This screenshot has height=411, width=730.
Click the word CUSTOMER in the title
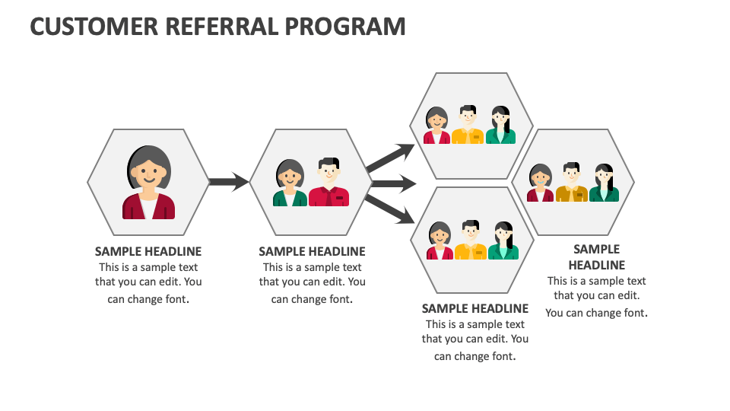point(94,27)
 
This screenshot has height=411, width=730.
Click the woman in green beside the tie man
point(290,183)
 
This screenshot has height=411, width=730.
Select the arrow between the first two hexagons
point(228,182)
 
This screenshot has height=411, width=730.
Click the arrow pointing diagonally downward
point(390,209)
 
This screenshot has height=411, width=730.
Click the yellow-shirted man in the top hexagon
point(468,125)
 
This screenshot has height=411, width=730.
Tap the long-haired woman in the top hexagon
point(500,125)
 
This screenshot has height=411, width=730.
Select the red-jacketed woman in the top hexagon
point(436,126)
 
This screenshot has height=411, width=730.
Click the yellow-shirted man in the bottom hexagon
point(471,241)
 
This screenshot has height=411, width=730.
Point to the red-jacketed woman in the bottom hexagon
point(440,241)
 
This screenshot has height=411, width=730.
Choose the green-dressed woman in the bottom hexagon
point(503,241)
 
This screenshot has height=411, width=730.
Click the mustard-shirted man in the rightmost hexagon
point(571,183)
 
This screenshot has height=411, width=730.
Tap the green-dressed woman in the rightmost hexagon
point(604,183)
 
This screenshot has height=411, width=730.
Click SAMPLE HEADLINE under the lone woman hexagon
point(148,251)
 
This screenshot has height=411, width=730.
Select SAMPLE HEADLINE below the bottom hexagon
point(475,308)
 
